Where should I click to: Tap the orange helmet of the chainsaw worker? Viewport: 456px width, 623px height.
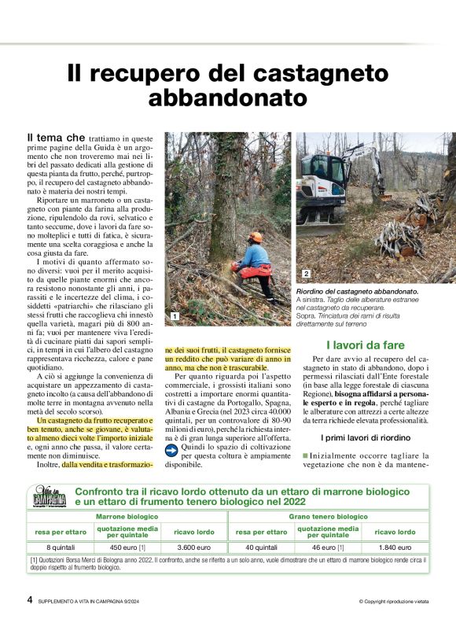tap(255, 237)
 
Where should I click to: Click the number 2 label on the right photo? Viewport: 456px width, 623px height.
tap(306, 273)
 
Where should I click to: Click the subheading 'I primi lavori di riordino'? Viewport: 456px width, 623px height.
tap(364, 437)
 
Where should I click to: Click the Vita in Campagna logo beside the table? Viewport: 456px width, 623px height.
tap(48, 497)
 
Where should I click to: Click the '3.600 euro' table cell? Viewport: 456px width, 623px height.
tap(192, 547)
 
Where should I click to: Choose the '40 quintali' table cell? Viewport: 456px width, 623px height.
tap(261, 547)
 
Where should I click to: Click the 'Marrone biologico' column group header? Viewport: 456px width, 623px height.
tap(127, 516)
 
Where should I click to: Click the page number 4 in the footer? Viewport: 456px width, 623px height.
tap(30, 599)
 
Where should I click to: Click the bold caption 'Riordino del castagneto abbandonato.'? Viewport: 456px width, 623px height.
tap(357, 292)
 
